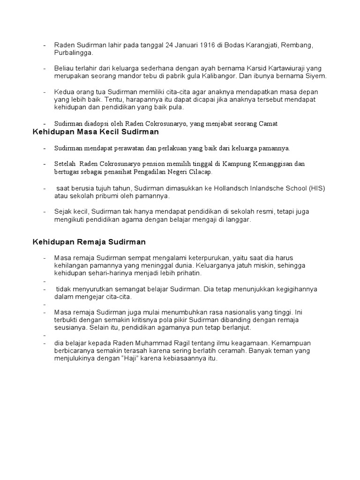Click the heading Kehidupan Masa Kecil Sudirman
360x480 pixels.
click(x=96, y=132)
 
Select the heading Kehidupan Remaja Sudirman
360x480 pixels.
click(x=89, y=242)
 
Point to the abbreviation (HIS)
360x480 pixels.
click(x=316, y=188)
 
